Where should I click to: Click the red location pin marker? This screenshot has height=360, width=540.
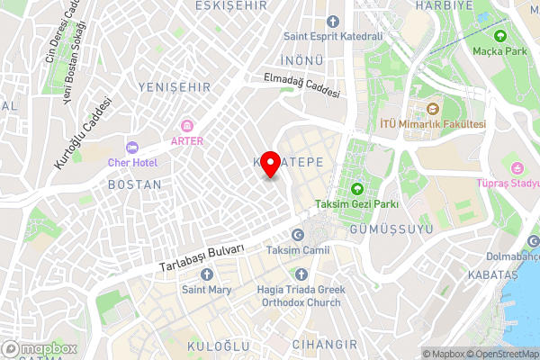270,162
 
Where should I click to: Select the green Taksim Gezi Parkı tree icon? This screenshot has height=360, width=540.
357,189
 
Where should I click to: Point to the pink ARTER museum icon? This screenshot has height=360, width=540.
188,125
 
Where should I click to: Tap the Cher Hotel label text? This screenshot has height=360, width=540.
132,162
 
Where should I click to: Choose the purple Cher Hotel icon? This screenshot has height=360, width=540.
132,147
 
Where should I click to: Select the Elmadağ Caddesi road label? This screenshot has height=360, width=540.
301,85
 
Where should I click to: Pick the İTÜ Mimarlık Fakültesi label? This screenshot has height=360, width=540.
433,124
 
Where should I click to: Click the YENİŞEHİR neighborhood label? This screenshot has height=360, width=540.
175,86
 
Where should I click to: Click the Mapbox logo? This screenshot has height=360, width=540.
40,348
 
